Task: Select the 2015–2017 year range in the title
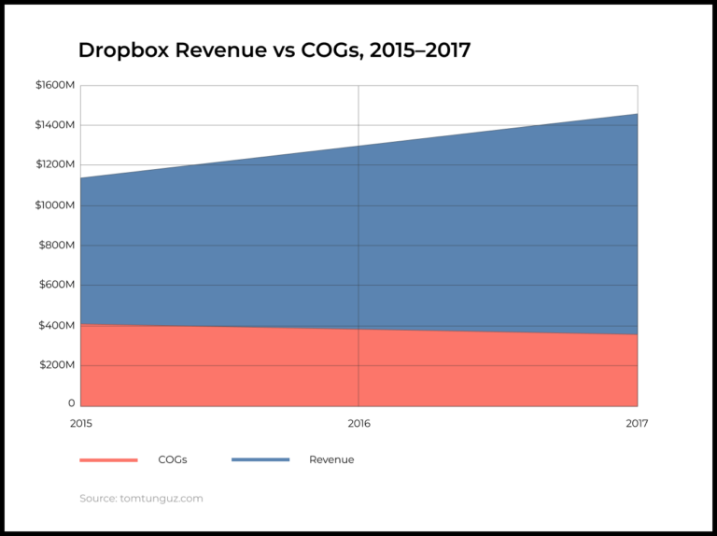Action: tap(420, 50)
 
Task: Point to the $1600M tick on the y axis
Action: tap(55, 85)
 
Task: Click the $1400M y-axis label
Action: tap(55, 125)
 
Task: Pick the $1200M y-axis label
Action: tap(55, 165)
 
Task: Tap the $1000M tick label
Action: tap(55, 205)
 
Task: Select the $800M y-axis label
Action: tap(57, 246)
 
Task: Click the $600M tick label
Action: tap(57, 285)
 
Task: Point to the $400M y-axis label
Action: tap(57, 325)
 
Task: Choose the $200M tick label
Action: tap(57, 365)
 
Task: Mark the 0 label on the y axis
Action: tap(71, 403)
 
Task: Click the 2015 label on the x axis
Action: tap(81, 423)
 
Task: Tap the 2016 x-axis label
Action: tap(358, 423)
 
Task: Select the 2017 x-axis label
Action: tap(637, 423)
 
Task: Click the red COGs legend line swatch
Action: tap(108, 460)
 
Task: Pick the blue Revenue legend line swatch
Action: tap(260, 460)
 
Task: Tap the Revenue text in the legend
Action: tap(331, 459)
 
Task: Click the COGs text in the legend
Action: tap(172, 459)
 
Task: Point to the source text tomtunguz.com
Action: tap(161, 499)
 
